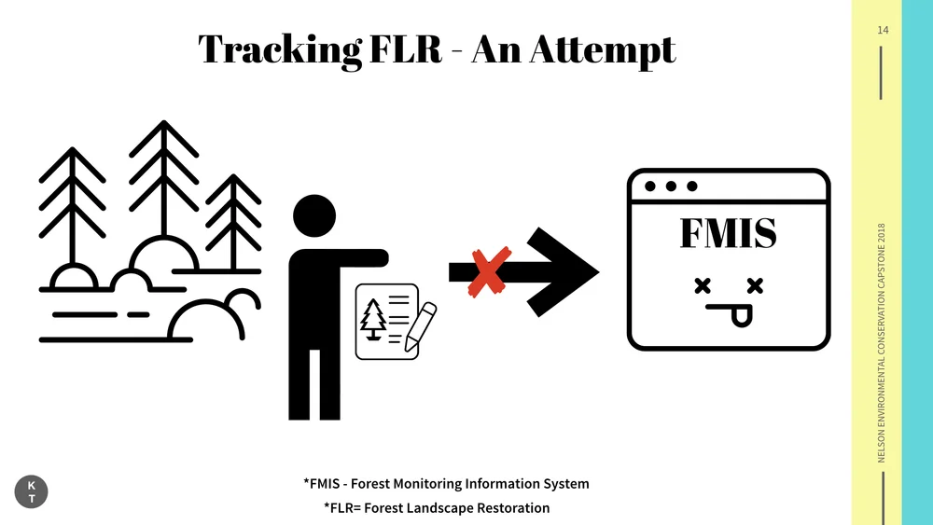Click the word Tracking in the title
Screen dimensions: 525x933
pyautogui.click(x=278, y=48)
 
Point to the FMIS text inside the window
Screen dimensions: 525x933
pyautogui.click(x=728, y=233)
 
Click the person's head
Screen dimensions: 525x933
pyautogui.click(x=313, y=216)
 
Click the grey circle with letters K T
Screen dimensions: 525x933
pyautogui.click(x=32, y=492)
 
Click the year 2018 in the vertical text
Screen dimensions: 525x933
pyautogui.click(x=882, y=237)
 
